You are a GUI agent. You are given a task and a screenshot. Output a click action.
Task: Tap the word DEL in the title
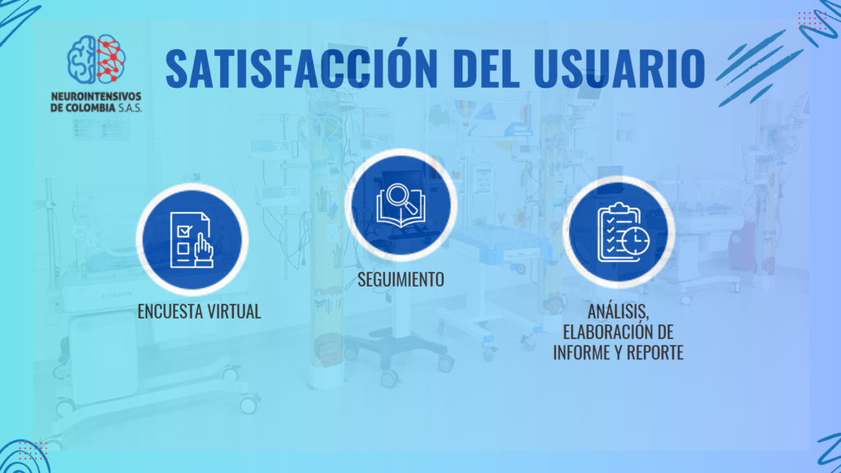point(485,68)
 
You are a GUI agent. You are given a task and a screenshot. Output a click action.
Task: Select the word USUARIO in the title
point(619,68)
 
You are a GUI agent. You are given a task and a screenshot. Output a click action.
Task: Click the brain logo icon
point(97,59)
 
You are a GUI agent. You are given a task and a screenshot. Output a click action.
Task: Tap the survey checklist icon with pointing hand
point(191,240)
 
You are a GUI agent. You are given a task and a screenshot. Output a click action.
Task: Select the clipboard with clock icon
point(623,232)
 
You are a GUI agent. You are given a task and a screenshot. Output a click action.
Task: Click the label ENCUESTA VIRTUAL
point(199,311)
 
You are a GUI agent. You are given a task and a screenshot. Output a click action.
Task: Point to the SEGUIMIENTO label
point(401,279)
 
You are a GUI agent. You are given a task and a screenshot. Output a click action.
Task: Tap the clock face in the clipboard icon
point(636,241)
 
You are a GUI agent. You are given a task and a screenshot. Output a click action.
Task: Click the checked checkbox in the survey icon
point(184,231)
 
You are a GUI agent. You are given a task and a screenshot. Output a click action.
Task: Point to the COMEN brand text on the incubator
point(117,295)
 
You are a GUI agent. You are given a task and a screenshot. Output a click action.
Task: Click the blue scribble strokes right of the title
point(760,67)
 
